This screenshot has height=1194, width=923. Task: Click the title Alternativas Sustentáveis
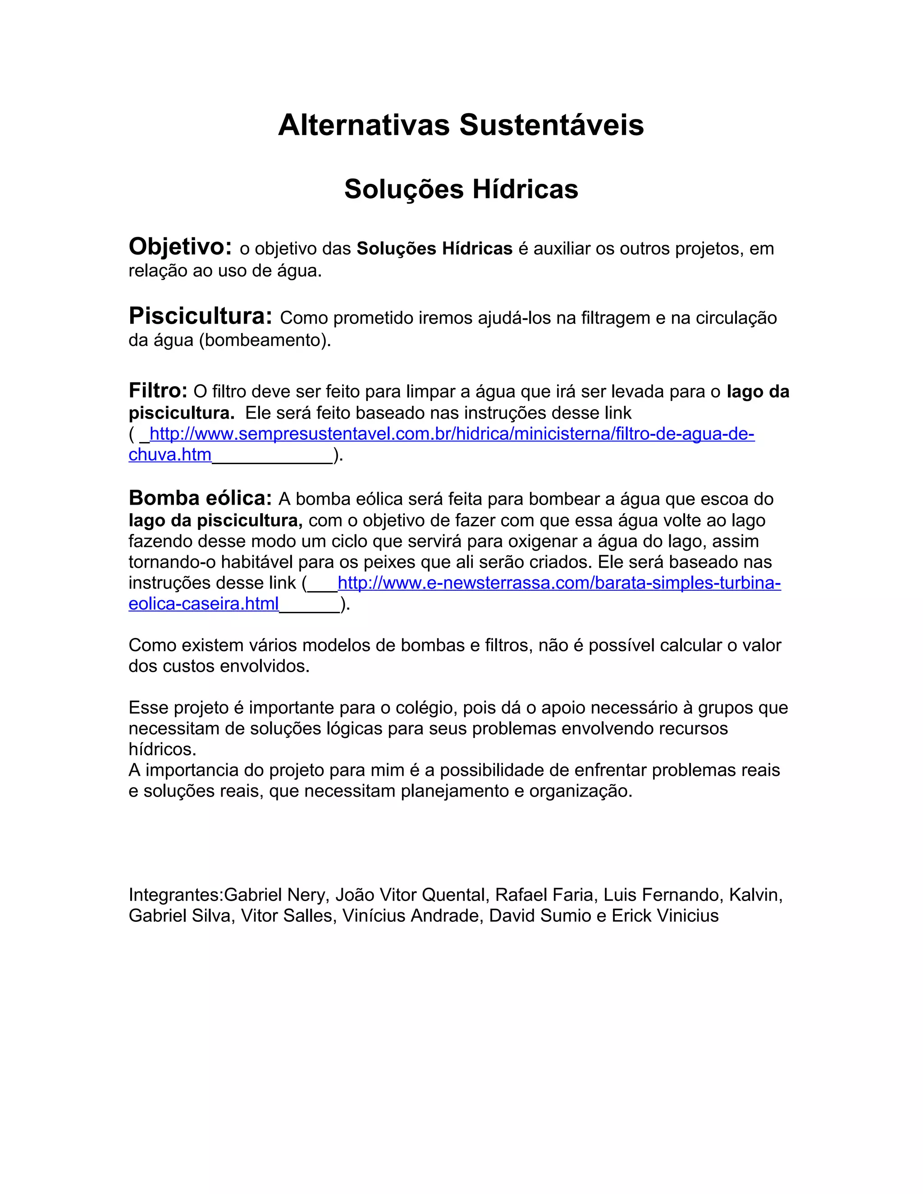[461, 125]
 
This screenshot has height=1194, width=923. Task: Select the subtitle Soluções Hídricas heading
[461, 189]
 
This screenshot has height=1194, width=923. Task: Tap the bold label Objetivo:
[180, 247]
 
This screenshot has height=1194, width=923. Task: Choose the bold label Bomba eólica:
[200, 498]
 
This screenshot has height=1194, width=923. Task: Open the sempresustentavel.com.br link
[452, 434]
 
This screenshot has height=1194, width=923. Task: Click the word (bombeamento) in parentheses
[265, 340]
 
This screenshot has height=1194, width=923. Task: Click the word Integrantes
[174, 895]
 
